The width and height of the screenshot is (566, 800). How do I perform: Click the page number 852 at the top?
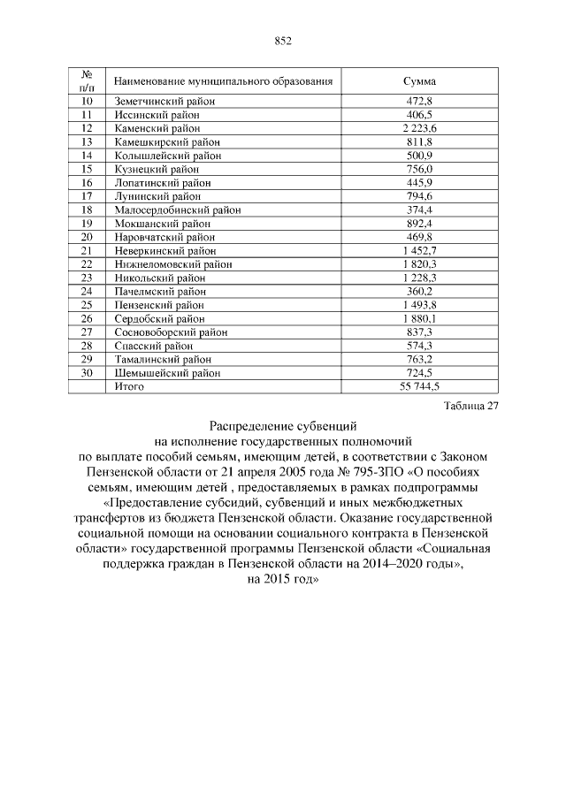[x=283, y=41]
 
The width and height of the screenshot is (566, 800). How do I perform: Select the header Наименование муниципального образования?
[x=223, y=81]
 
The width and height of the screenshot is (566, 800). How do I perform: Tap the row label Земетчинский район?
[x=165, y=102]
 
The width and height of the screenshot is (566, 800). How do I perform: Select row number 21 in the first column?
[x=87, y=250]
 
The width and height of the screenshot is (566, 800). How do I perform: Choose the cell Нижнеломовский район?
[x=173, y=264]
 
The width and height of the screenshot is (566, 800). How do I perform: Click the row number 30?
[x=87, y=372]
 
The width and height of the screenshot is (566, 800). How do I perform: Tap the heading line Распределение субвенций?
[x=283, y=425]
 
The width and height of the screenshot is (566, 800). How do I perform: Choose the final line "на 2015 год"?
[x=283, y=579]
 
